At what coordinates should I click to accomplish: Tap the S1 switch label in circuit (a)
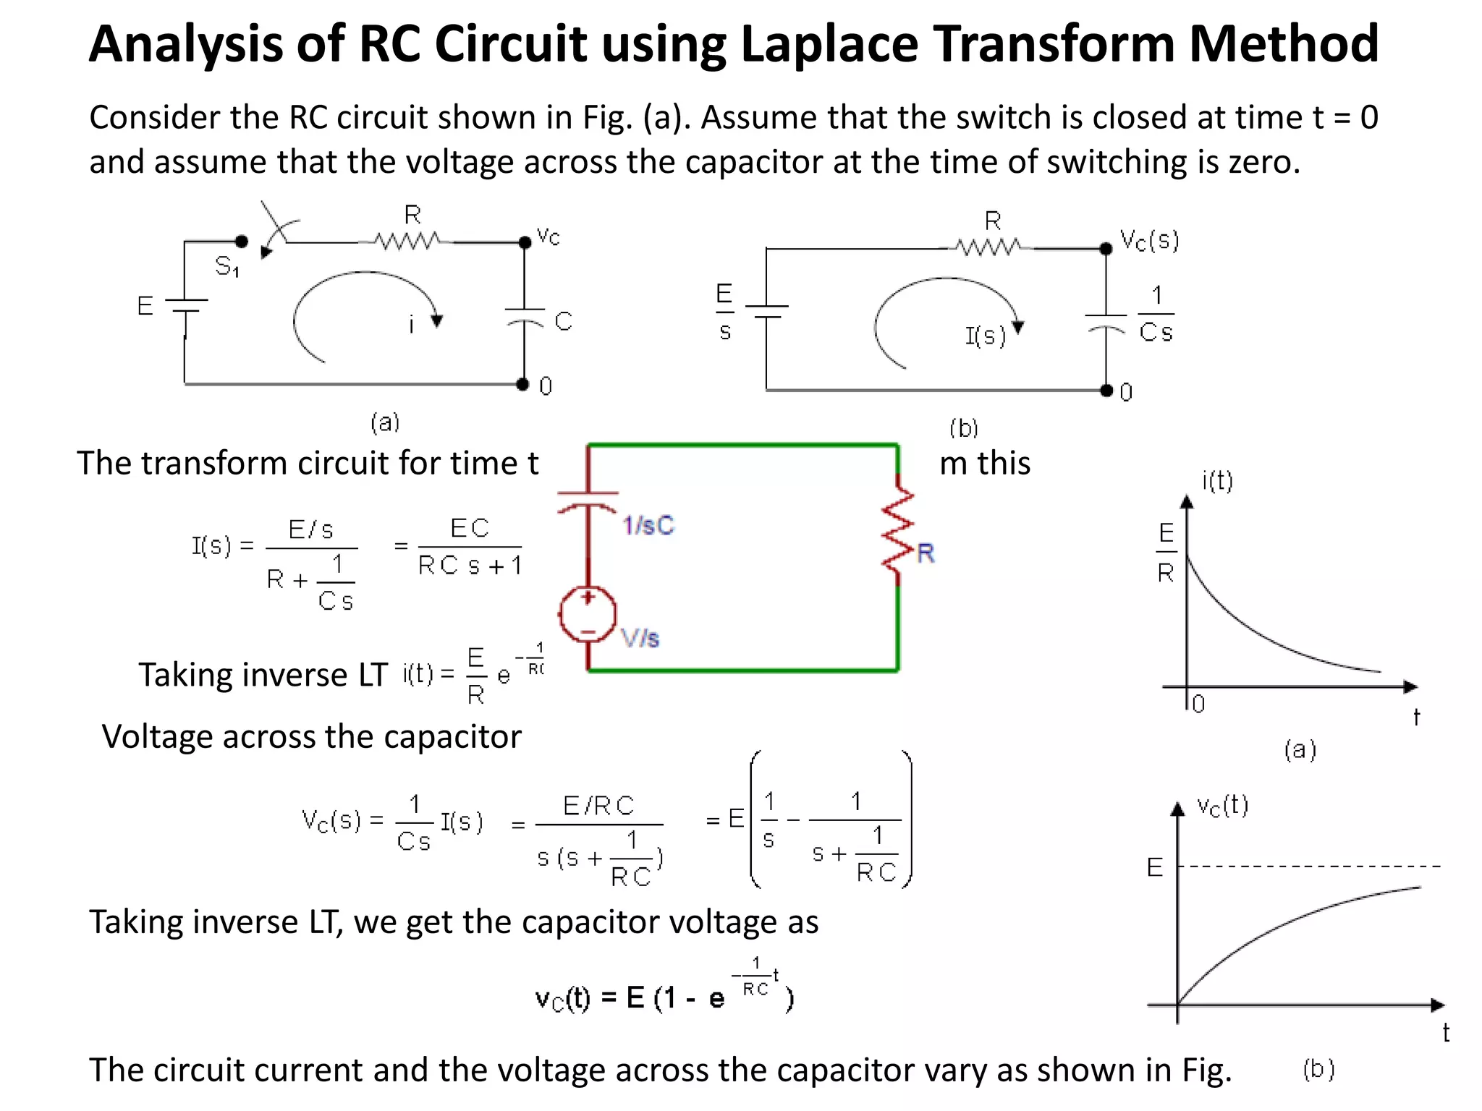(x=226, y=267)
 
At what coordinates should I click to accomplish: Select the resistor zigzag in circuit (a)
(x=407, y=241)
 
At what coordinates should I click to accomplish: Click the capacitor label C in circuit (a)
(x=564, y=321)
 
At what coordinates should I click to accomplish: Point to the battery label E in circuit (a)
(x=145, y=306)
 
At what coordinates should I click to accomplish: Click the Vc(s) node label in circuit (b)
(x=1149, y=240)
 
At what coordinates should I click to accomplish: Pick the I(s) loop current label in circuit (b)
(x=985, y=336)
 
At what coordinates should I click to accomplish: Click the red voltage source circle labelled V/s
(x=588, y=615)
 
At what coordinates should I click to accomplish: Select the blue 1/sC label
(x=648, y=525)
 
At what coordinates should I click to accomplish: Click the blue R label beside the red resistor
(x=926, y=553)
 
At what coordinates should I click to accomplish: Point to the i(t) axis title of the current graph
(x=1217, y=480)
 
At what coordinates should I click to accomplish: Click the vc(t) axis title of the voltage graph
(x=1222, y=806)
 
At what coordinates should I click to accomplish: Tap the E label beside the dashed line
(x=1155, y=867)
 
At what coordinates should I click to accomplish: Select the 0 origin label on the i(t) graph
(x=1198, y=704)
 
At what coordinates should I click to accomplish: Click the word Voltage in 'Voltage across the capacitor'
(x=157, y=737)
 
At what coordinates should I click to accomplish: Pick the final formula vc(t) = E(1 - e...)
(x=664, y=991)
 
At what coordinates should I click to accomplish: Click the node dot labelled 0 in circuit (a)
(x=522, y=384)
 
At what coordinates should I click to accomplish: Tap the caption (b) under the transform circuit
(x=963, y=428)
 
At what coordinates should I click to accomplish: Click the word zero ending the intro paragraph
(x=1261, y=162)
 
